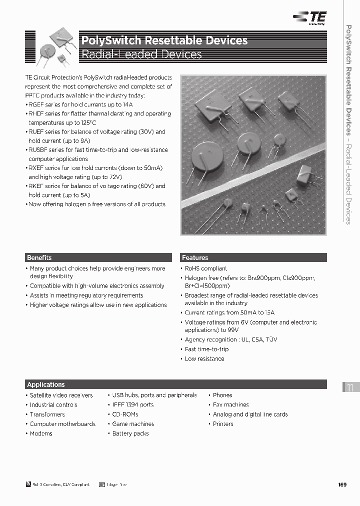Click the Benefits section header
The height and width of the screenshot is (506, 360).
[39, 258]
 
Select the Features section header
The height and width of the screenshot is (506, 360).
[195, 258]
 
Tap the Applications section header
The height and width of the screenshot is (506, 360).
[46, 384]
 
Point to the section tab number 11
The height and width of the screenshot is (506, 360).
[350, 388]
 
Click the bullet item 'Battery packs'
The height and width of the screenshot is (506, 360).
[130, 433]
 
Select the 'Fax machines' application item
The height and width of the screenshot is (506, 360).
[230, 405]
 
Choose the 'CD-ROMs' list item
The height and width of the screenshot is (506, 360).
[125, 414]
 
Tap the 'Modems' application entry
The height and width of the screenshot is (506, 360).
[41, 433]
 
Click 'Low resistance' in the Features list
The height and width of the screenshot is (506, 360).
[204, 359]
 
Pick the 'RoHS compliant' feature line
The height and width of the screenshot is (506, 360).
[205, 268]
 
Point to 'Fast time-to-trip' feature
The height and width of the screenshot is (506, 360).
[206, 349]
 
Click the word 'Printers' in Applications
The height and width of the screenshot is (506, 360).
[223, 424]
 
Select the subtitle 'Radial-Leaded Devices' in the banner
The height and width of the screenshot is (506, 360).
[141, 54]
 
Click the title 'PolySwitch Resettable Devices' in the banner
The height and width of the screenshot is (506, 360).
[164, 40]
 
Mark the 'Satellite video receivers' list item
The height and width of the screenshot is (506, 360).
[61, 395]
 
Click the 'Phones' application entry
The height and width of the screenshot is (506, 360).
[222, 395]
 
